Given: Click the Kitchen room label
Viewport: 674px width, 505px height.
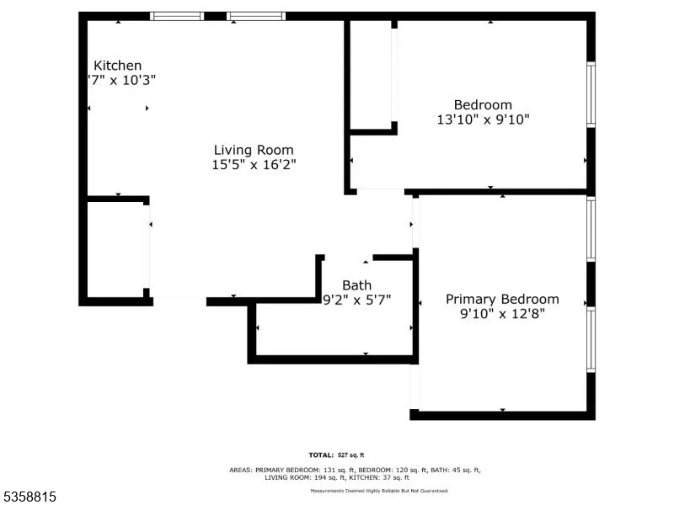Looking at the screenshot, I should pos(117,66).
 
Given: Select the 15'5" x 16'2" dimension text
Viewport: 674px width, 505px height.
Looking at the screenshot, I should pos(254,166).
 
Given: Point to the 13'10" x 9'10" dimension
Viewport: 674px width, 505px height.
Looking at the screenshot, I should pos(483,120).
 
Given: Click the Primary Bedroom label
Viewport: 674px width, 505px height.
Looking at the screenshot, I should pos(502,300).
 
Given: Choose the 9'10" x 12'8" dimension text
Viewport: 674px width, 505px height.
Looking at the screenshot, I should pos(502,315).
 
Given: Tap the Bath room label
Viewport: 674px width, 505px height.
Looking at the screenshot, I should pos(356,285).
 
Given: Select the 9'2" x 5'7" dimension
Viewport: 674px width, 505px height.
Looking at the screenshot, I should pos(356,300).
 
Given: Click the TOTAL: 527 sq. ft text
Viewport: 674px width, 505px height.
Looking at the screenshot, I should pos(336,454).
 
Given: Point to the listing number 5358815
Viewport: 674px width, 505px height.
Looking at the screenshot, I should pos(29,497).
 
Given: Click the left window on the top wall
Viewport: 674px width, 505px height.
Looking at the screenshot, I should pos(176,16).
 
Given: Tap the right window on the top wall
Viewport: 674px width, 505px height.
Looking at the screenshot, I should pos(256,16).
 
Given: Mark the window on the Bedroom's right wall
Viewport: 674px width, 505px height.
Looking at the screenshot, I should pos(591,94).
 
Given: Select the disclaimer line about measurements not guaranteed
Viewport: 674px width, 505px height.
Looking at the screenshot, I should pos(379,491).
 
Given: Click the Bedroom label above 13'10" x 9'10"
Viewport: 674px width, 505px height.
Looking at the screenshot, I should pos(483,105).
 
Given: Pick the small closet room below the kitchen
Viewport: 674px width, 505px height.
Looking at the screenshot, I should pos(117,249).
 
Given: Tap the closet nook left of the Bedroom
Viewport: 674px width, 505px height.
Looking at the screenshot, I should pos(371,76).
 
